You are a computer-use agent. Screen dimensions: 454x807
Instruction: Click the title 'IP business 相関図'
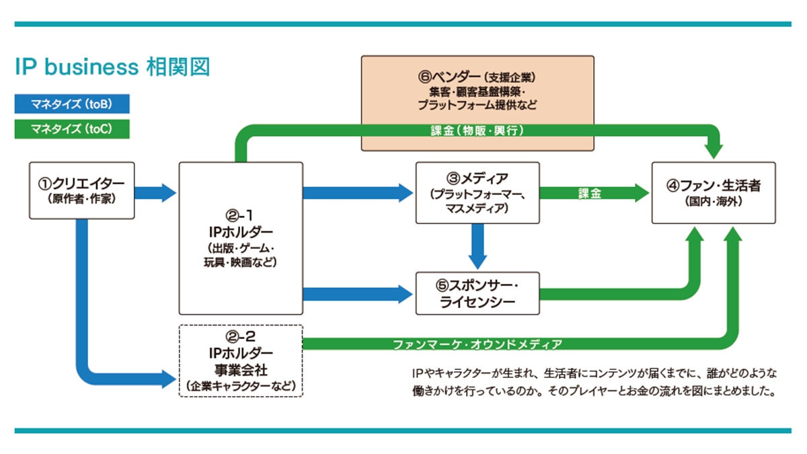(x=112, y=68)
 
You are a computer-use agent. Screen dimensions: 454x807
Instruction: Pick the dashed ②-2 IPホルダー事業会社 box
(x=241, y=361)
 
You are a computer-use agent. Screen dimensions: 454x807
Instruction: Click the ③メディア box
(x=477, y=192)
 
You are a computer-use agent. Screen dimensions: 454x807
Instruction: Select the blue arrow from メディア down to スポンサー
(x=477, y=245)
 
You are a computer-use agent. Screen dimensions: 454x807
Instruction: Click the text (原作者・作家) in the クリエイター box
(x=83, y=198)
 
